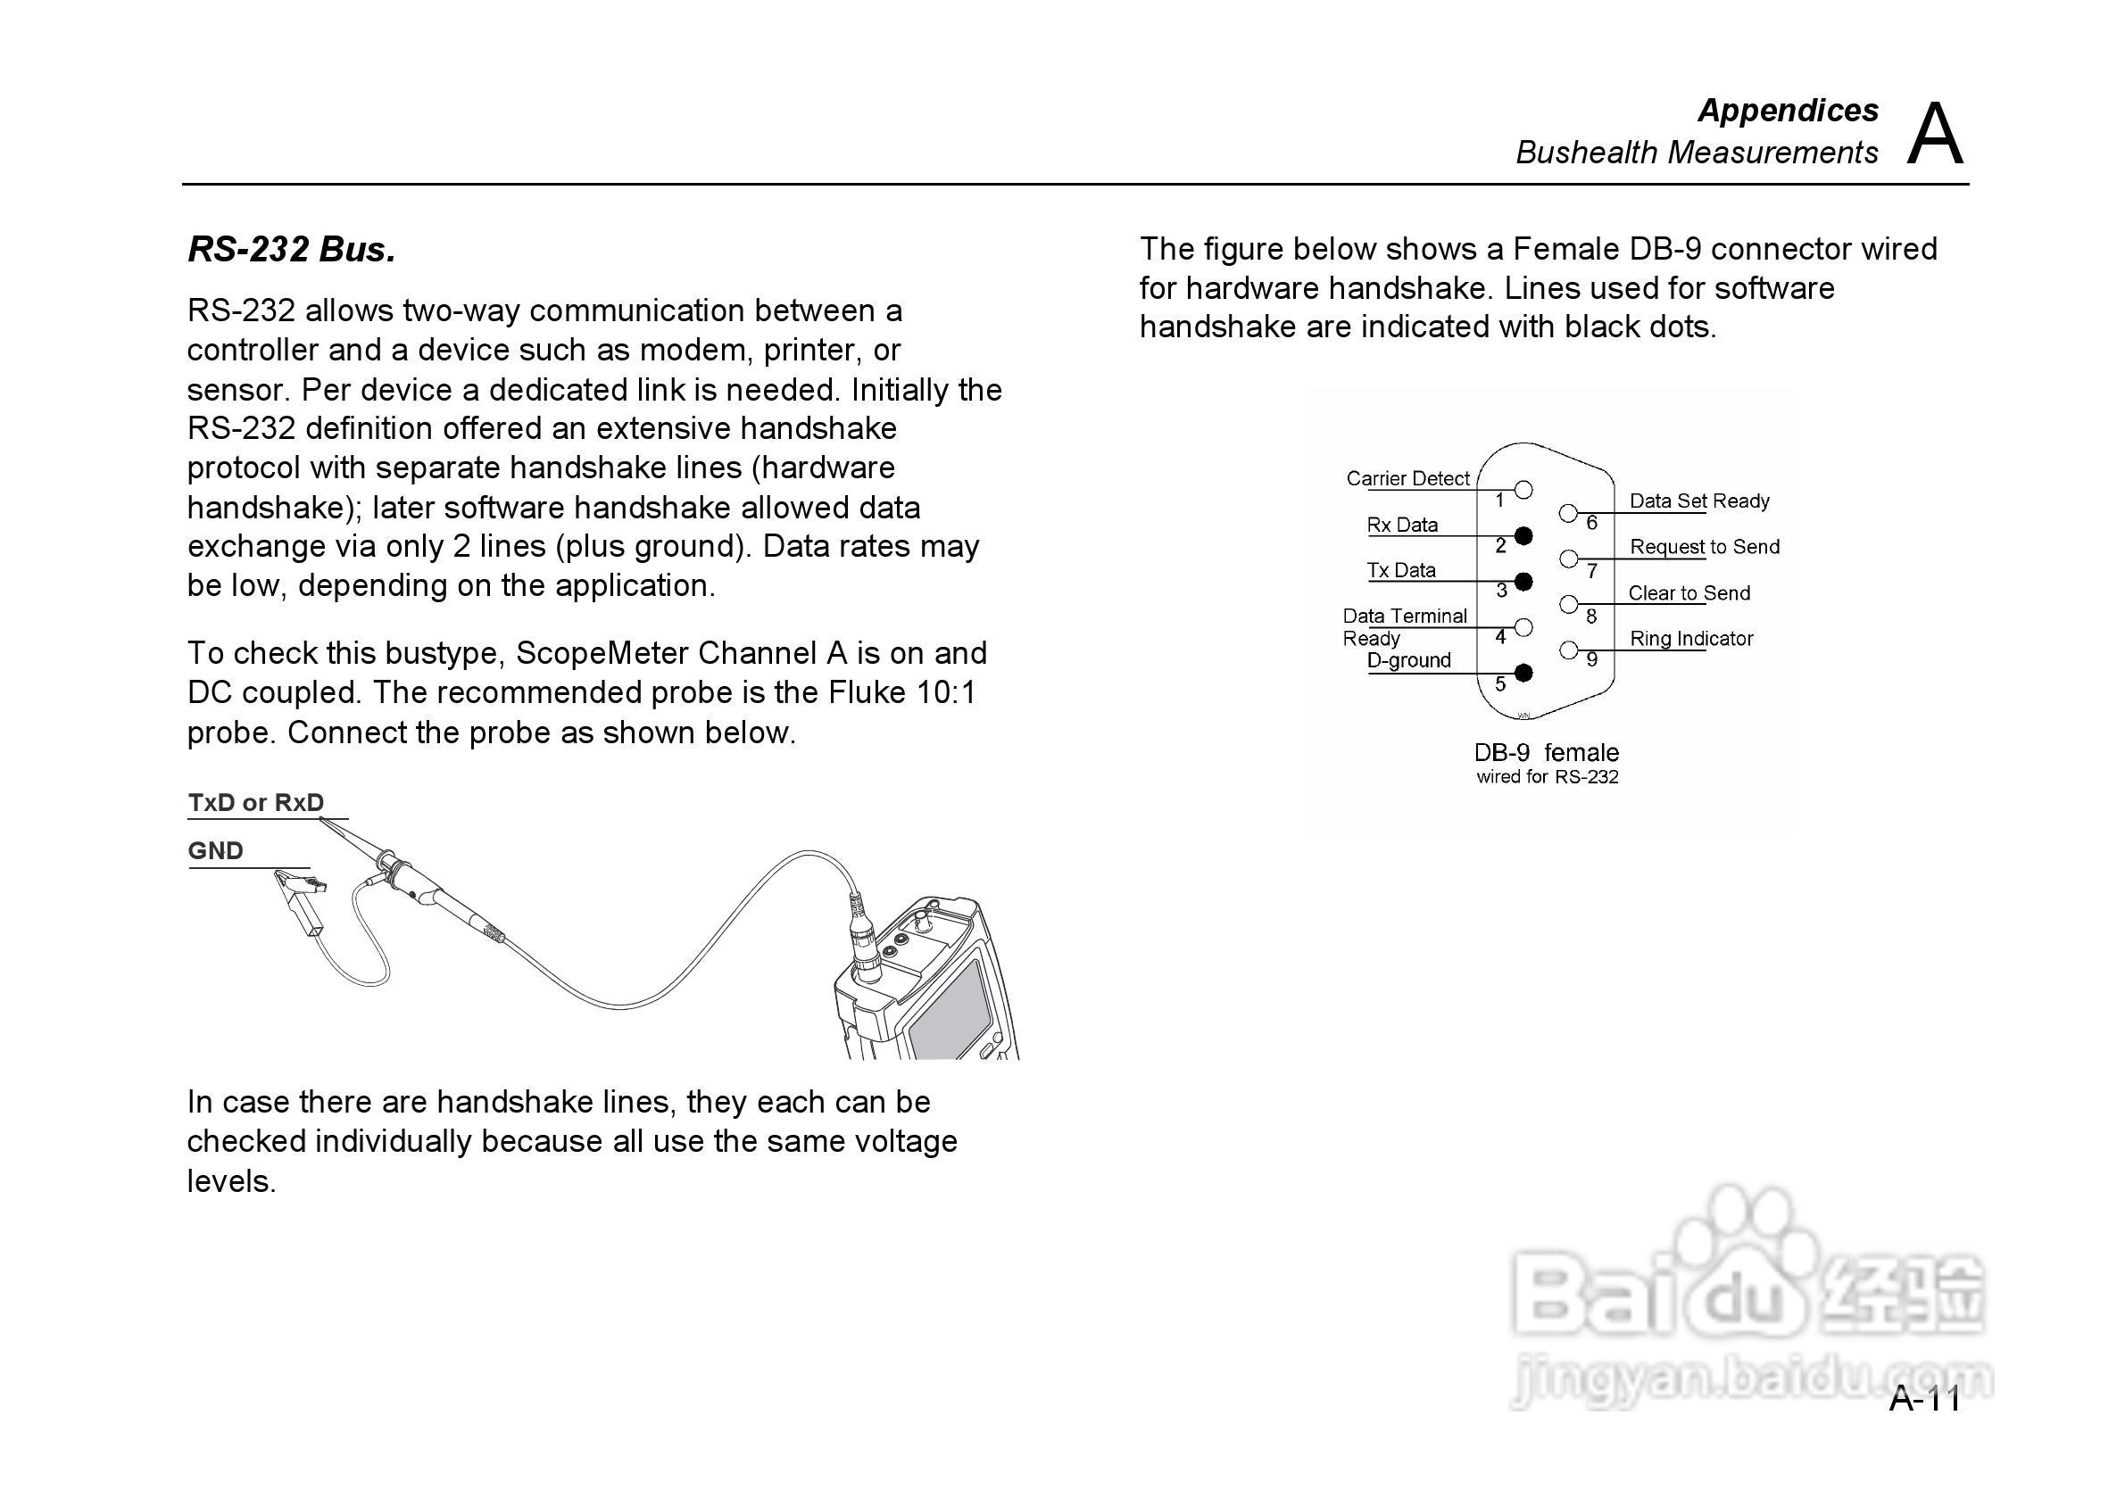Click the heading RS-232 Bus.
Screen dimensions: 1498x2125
pos(292,250)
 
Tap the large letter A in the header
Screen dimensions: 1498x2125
pos(1934,135)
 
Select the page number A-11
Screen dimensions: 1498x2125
pos(1924,1399)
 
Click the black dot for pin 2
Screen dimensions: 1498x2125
pos(1523,535)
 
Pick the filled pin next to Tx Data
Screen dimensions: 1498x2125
pos(1523,582)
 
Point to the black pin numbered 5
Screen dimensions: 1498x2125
pos(1523,673)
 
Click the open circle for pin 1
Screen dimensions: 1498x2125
pos(1523,490)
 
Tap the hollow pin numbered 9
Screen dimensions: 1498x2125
pos(1569,650)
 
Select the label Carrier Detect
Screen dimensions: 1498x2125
pos(1407,478)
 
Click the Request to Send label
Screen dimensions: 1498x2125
pos(1705,547)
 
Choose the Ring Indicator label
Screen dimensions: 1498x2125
pos(1692,639)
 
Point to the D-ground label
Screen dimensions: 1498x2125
pos(1408,660)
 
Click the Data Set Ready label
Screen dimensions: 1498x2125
pos(1699,501)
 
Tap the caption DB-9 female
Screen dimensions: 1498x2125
pos(1547,752)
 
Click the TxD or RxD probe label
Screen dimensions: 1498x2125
pos(256,802)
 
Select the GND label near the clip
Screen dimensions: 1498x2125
pos(216,851)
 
